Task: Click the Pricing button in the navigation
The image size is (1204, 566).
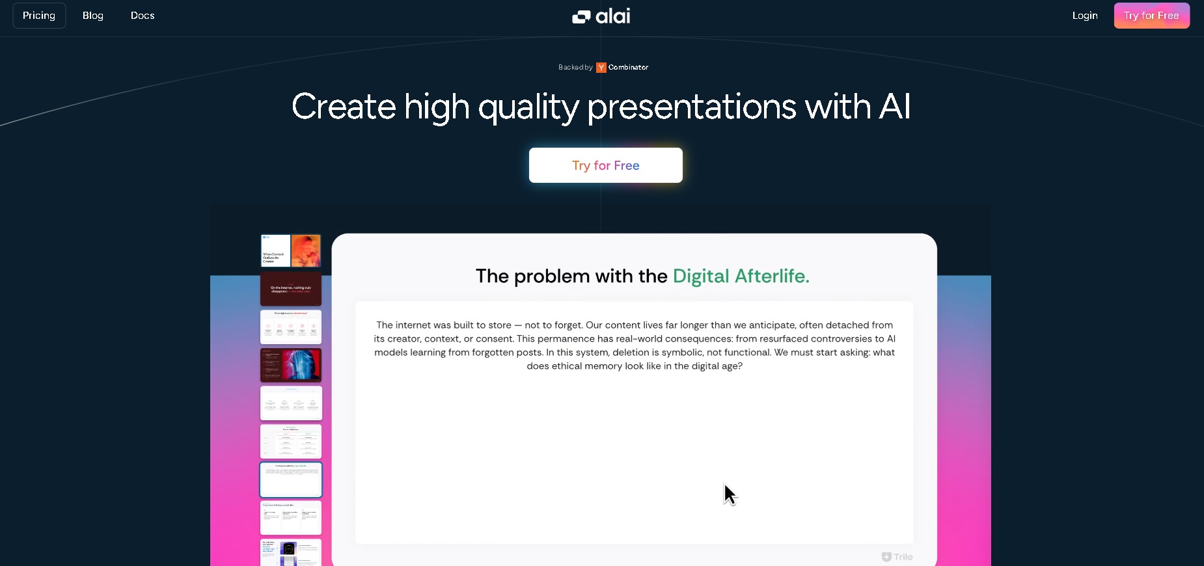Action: tap(39, 16)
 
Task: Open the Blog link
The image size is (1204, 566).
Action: tap(93, 16)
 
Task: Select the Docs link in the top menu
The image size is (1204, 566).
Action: tap(143, 16)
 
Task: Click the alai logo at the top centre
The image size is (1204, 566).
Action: tap(601, 16)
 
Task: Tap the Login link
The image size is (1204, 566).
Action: tap(1085, 16)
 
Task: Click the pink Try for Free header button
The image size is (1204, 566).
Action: tap(1151, 16)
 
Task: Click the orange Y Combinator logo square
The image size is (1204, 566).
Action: tap(601, 68)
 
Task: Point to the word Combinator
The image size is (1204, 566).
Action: tap(628, 68)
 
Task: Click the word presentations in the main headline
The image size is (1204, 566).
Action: tap(691, 107)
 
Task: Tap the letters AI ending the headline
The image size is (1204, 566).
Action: tap(894, 107)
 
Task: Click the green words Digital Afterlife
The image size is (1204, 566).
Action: tap(741, 276)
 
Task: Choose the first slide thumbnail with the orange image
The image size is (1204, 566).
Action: tap(291, 251)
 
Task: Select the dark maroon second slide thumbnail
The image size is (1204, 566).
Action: tap(291, 289)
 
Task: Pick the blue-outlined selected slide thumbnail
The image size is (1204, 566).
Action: tap(291, 479)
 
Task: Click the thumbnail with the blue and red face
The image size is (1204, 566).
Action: tap(291, 365)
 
